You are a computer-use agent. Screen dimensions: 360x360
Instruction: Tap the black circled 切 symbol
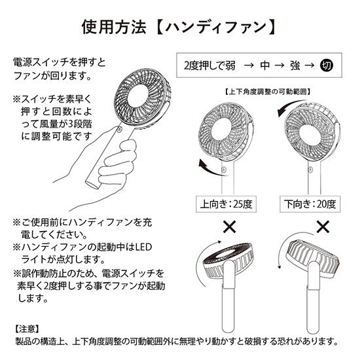point(328,66)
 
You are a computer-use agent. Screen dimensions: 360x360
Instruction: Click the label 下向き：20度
point(308,203)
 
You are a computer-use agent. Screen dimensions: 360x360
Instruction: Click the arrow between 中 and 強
point(279,66)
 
